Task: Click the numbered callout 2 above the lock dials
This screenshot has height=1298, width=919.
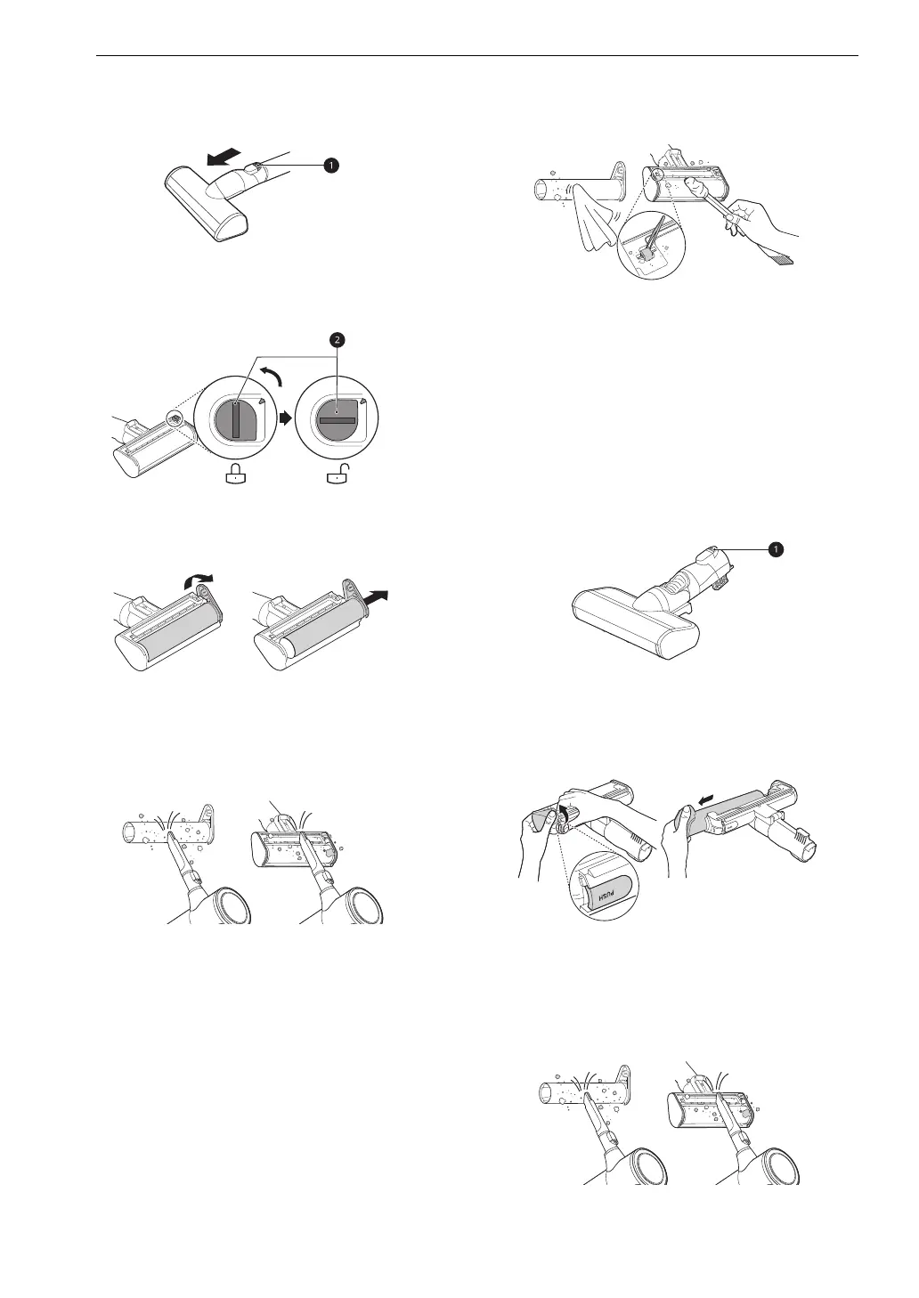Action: [x=337, y=340]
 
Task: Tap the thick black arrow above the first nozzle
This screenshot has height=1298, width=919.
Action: [x=224, y=155]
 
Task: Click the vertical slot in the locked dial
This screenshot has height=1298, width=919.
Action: [x=236, y=418]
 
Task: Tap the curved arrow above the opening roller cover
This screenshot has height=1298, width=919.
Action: [x=199, y=581]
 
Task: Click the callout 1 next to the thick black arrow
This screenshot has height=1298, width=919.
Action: [x=331, y=166]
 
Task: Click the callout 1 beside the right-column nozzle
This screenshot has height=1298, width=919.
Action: [x=776, y=549]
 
